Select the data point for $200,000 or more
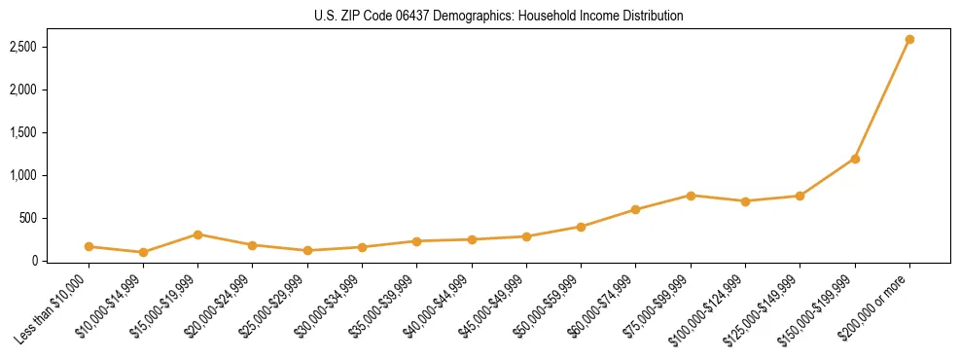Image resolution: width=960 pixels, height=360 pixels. (x=909, y=40)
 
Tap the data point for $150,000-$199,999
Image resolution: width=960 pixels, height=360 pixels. (x=855, y=159)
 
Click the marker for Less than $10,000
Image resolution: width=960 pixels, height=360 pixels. (x=89, y=247)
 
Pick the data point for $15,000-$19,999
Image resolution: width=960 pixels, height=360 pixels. (x=197, y=234)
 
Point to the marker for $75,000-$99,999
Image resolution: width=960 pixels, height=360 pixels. (x=691, y=196)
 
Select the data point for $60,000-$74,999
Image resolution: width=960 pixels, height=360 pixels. (x=635, y=209)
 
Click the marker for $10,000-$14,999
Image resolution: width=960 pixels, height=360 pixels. (x=143, y=252)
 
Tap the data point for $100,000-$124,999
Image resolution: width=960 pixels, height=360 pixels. (x=745, y=201)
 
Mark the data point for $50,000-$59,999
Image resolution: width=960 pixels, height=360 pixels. (x=581, y=227)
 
